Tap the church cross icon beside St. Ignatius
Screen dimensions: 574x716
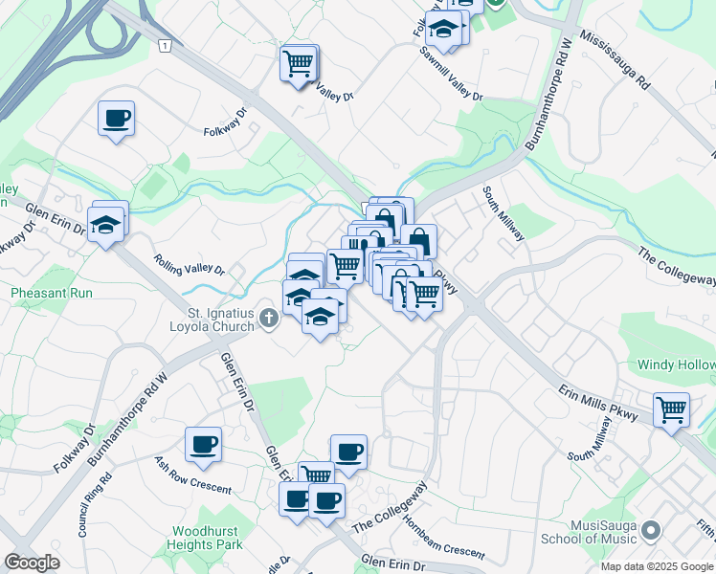tap(269, 319)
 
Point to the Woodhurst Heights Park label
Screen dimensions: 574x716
tap(208, 538)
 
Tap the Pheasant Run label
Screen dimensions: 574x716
tap(52, 293)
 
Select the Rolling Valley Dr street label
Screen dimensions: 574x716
tap(190, 264)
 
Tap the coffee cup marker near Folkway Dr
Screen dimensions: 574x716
tap(116, 120)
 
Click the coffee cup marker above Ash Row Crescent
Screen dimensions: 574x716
tap(203, 445)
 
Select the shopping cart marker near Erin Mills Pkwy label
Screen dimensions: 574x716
tap(672, 409)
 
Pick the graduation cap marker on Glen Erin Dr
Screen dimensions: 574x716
tap(107, 224)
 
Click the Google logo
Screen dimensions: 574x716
tap(31, 563)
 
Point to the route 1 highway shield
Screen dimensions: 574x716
tap(167, 45)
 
